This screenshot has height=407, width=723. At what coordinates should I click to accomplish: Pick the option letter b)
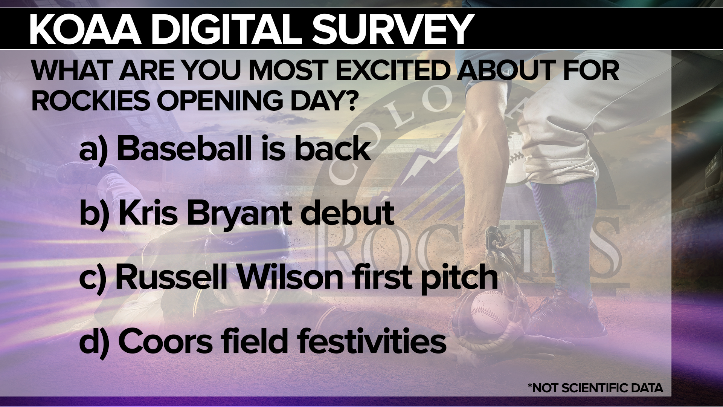pos(94,213)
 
